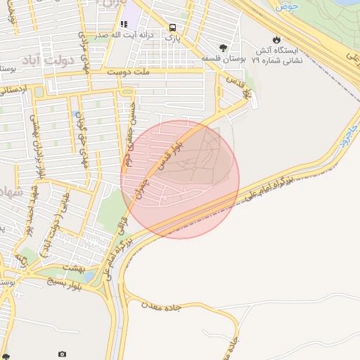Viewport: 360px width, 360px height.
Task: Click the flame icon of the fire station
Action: (276, 40)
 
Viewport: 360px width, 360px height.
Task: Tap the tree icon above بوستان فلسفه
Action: (223, 49)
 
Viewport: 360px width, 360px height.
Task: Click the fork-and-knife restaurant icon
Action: (124, 25)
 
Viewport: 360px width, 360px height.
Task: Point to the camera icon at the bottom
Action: (62, 354)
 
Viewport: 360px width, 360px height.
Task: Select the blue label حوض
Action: (288, 6)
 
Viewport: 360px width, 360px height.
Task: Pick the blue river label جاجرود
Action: (351, 130)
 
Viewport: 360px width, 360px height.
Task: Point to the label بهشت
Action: (73, 268)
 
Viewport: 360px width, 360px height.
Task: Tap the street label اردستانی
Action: (13, 90)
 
